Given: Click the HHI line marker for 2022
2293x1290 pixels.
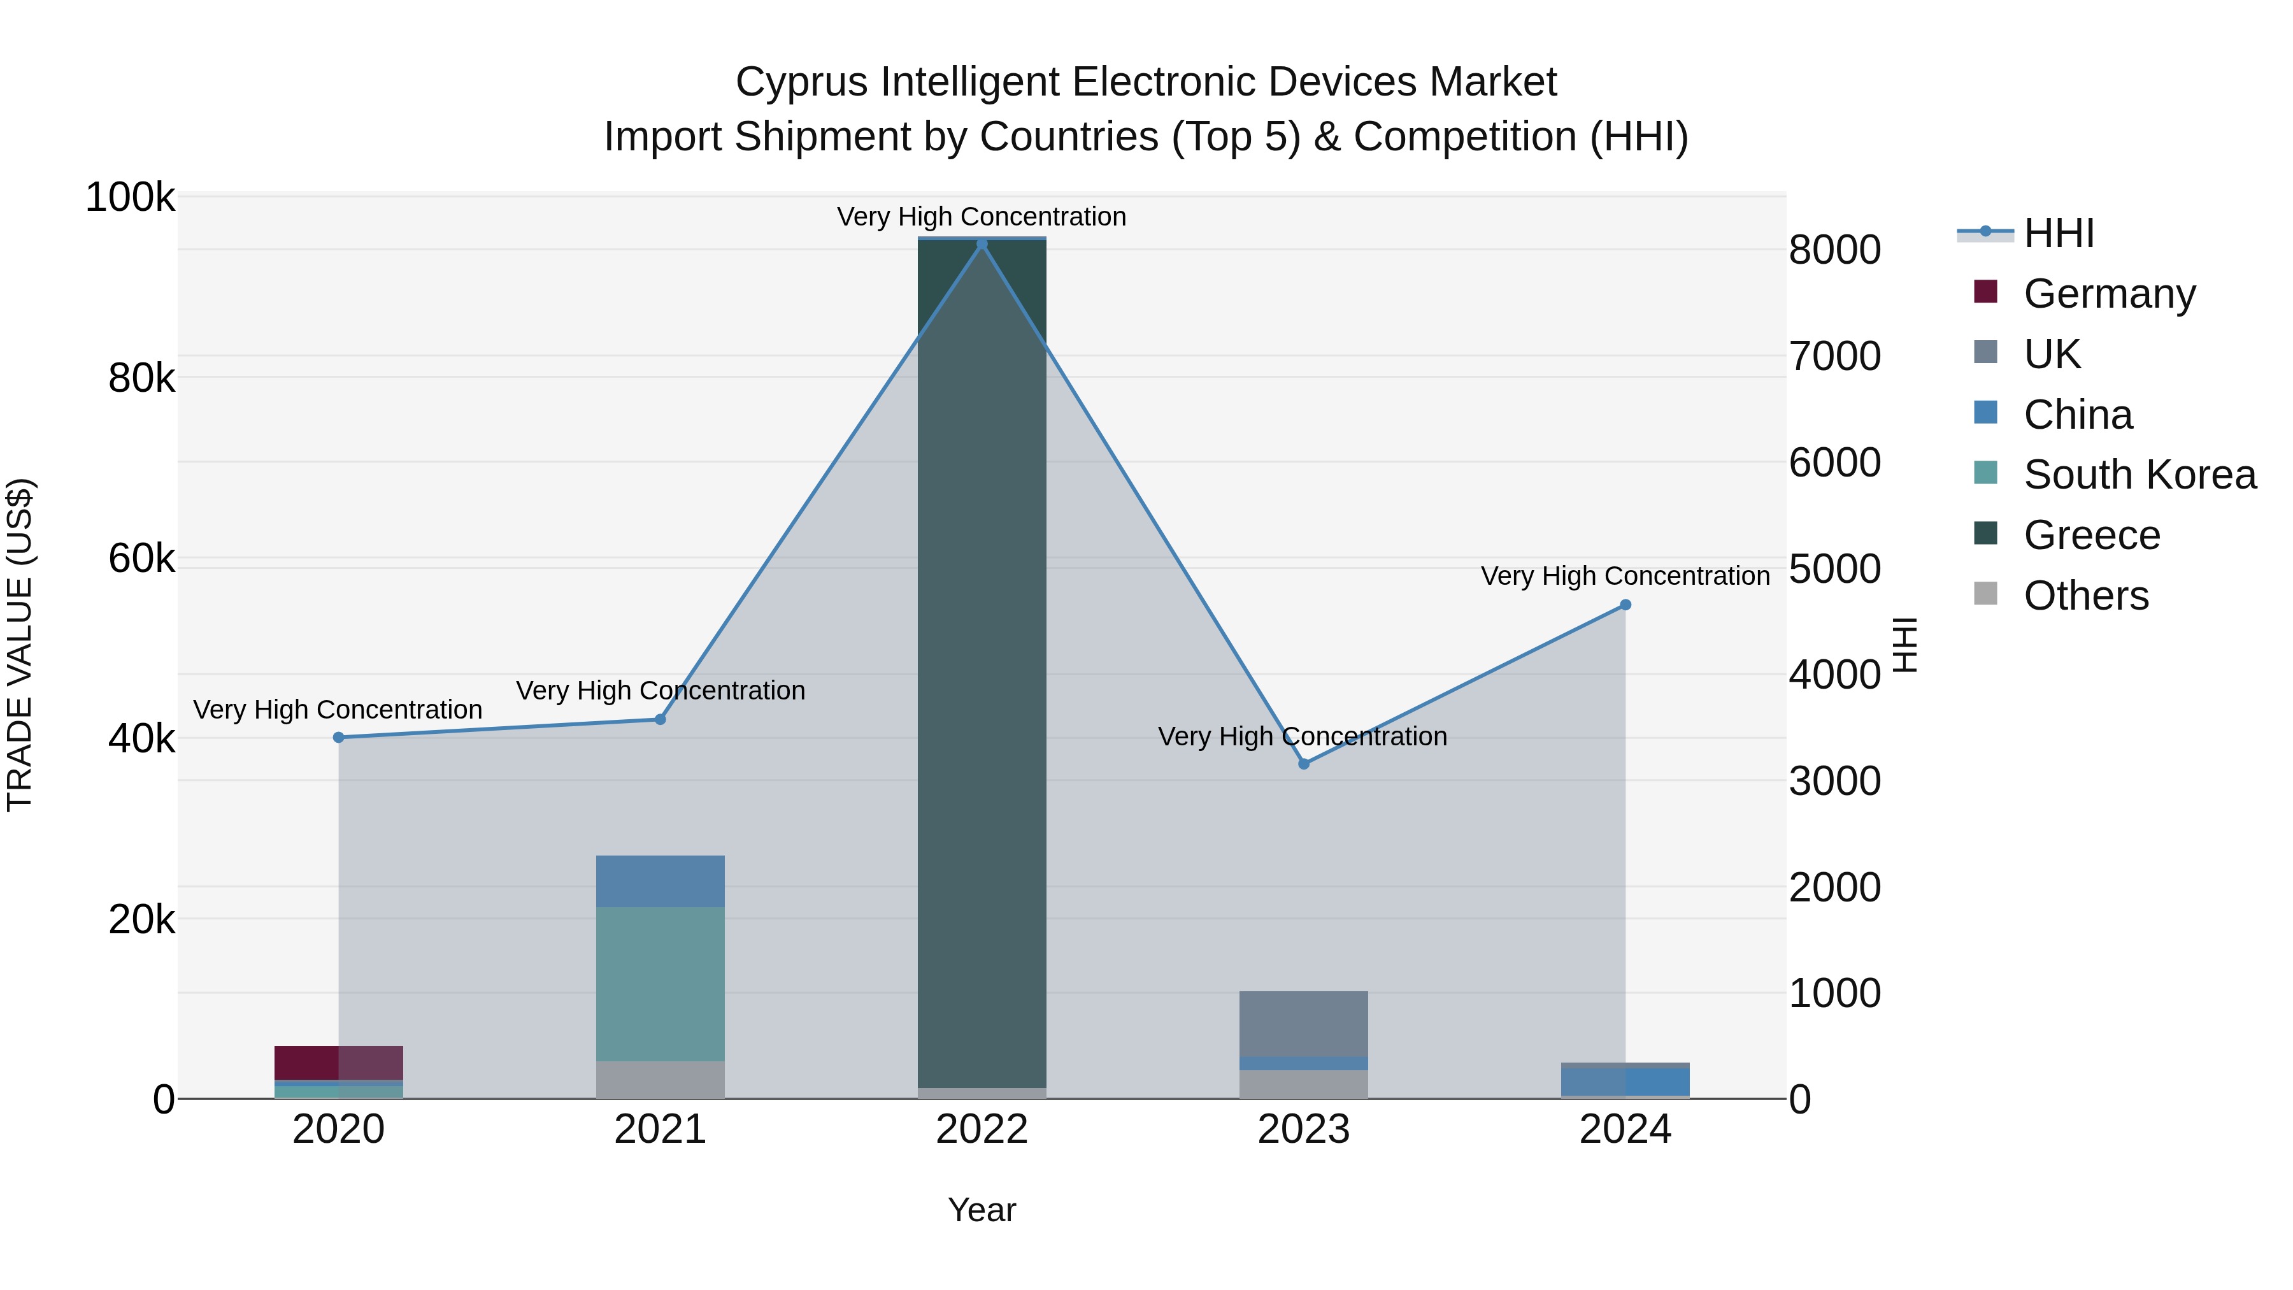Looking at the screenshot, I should pyautogui.click(x=982, y=244).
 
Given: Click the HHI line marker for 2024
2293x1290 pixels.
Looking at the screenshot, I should pyautogui.click(x=1625, y=605).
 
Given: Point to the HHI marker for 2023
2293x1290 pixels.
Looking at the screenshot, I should pyautogui.click(x=1304, y=764).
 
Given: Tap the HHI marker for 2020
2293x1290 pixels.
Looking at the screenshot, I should pyautogui.click(x=338, y=737).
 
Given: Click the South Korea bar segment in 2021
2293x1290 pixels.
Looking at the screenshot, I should pyautogui.click(x=660, y=984).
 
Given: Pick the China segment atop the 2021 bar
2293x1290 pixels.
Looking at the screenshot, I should pyautogui.click(x=660, y=882).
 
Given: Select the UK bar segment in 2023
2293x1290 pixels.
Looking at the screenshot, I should pyautogui.click(x=1304, y=1024).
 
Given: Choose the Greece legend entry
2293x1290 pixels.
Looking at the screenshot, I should pyautogui.click(x=2092, y=535).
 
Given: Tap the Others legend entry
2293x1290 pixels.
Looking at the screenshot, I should pyautogui.click(x=2085, y=596).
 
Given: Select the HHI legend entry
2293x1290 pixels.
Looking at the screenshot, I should pyautogui.click(x=2058, y=233).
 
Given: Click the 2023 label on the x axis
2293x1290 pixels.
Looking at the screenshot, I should pyautogui.click(x=1304, y=1129).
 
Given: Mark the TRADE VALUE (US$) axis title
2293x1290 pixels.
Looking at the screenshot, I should pyautogui.click(x=20, y=645).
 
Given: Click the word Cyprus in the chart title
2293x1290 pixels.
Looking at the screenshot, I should pyautogui.click(x=801, y=83).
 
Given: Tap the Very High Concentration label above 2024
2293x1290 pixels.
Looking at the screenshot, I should pyautogui.click(x=1625, y=576).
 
